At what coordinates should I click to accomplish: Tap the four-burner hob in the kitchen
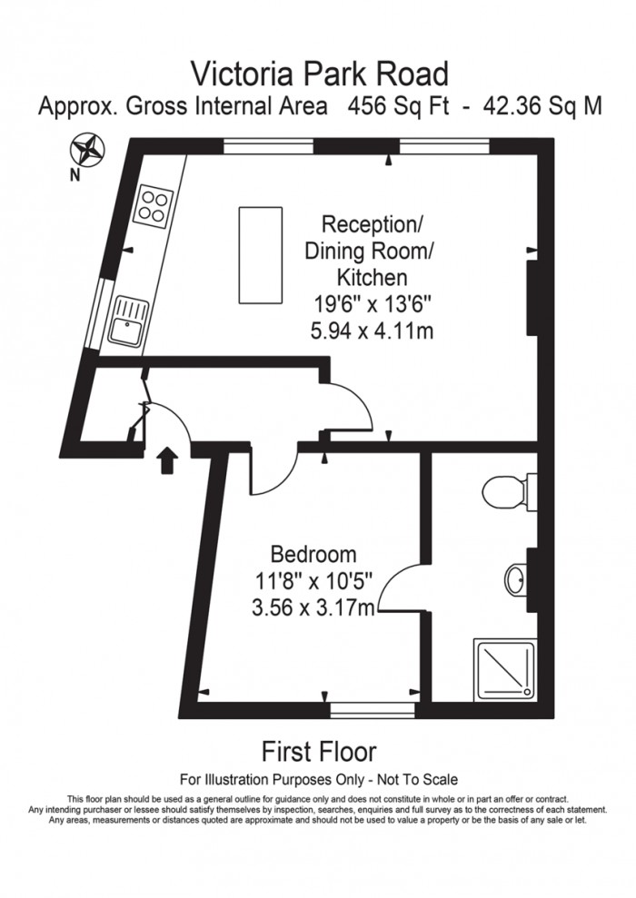[x=152, y=206]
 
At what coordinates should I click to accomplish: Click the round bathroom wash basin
[x=513, y=577]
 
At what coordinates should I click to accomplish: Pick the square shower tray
[x=501, y=667]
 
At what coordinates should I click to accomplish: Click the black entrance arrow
[x=167, y=460]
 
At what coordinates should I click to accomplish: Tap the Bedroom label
[x=314, y=554]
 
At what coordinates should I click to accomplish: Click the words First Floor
[x=318, y=752]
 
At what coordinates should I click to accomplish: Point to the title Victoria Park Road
[x=318, y=72]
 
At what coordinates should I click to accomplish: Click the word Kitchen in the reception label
[x=372, y=277]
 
